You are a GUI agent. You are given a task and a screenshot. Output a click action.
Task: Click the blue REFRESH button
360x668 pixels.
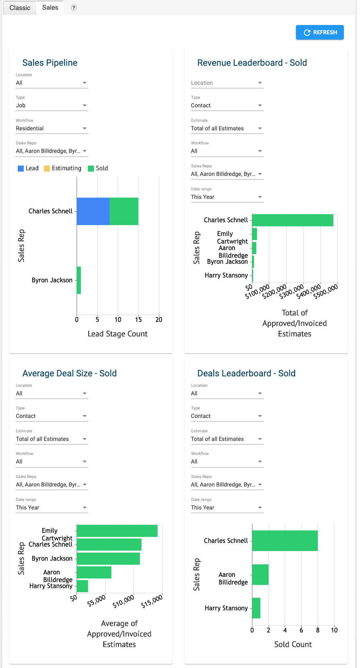pyautogui.click(x=320, y=32)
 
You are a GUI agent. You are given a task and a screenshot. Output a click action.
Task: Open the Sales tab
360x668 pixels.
pyautogui.click(x=50, y=8)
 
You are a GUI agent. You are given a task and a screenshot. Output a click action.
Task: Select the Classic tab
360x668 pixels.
pyautogui.click(x=20, y=8)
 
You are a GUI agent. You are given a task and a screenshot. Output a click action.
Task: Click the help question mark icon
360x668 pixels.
pyautogui.click(x=74, y=8)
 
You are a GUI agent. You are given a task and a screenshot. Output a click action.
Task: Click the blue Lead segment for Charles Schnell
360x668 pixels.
pyautogui.click(x=93, y=211)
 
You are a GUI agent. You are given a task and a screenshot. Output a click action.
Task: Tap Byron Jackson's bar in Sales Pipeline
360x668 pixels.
pyautogui.click(x=79, y=280)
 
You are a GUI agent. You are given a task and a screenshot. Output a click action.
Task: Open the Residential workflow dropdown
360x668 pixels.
pyautogui.click(x=51, y=128)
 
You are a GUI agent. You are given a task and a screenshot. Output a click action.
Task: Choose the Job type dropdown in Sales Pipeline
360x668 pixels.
pyautogui.click(x=51, y=105)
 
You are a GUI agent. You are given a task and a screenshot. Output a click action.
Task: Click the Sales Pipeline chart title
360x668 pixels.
pyautogui.click(x=50, y=63)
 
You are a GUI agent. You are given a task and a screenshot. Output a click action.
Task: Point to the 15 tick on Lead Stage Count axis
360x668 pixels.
pyautogui.click(x=138, y=319)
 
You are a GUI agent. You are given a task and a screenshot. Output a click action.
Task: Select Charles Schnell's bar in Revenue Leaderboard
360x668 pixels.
pyautogui.click(x=293, y=220)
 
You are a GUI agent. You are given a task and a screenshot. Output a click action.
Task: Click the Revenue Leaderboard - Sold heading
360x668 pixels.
pyautogui.click(x=252, y=63)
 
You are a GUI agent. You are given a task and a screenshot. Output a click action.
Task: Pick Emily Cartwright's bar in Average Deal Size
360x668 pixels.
pyautogui.click(x=117, y=531)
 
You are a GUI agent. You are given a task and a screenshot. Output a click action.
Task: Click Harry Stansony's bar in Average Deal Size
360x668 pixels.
pyautogui.click(x=82, y=586)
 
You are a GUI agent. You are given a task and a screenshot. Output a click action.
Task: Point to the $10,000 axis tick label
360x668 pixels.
pyautogui.click(x=123, y=601)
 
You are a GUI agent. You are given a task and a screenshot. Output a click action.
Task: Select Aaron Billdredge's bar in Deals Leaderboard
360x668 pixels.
pyautogui.click(x=260, y=574)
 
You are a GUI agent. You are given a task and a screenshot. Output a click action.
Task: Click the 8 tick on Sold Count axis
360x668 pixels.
pyautogui.click(x=318, y=630)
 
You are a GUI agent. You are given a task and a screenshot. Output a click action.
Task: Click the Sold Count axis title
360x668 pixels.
pyautogui.click(x=293, y=644)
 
